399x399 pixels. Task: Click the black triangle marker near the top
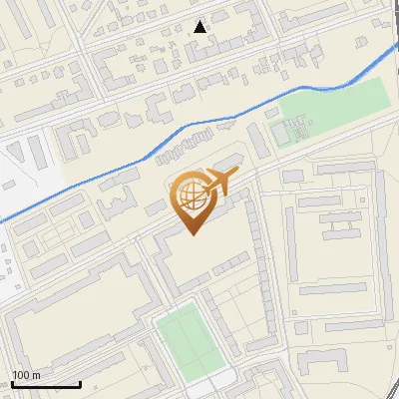coord(200,27)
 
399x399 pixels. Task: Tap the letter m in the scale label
coord(36,375)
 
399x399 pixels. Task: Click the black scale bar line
coord(45,384)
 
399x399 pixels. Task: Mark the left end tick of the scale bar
coord(11,382)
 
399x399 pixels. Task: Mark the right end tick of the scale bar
coord(80,382)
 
